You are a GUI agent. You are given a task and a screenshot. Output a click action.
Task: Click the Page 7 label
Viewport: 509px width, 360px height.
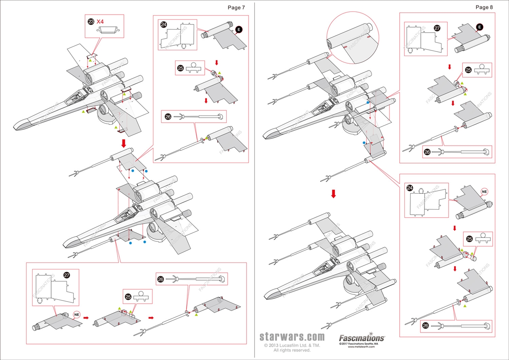point(236,8)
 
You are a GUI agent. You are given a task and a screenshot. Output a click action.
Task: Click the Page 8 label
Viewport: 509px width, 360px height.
point(484,8)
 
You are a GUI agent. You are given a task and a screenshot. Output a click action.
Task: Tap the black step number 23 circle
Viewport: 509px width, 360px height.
point(91,21)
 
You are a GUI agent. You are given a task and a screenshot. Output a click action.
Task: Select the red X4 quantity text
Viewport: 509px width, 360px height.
point(100,21)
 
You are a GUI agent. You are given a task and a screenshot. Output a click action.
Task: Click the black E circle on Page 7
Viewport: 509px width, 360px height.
point(239,29)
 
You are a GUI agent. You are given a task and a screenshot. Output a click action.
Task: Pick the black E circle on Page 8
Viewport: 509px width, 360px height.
point(480,27)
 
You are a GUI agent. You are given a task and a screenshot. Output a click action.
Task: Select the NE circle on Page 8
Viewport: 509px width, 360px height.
point(484,191)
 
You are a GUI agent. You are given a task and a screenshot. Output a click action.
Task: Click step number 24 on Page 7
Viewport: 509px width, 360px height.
point(163,24)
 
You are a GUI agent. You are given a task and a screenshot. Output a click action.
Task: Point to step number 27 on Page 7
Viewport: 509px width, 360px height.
point(66,275)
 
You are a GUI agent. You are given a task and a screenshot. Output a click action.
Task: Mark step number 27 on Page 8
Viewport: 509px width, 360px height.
point(437,29)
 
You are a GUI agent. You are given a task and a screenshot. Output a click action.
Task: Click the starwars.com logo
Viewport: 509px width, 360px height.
point(292,337)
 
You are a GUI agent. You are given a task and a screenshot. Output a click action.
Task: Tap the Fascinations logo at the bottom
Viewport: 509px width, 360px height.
point(361,337)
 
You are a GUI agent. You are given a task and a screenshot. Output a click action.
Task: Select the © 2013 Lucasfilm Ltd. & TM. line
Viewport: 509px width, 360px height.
point(292,345)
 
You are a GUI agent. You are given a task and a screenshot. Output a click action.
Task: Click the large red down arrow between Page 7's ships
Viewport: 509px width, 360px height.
point(124,143)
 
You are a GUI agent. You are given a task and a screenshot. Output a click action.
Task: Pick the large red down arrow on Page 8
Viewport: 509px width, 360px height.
point(333,194)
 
